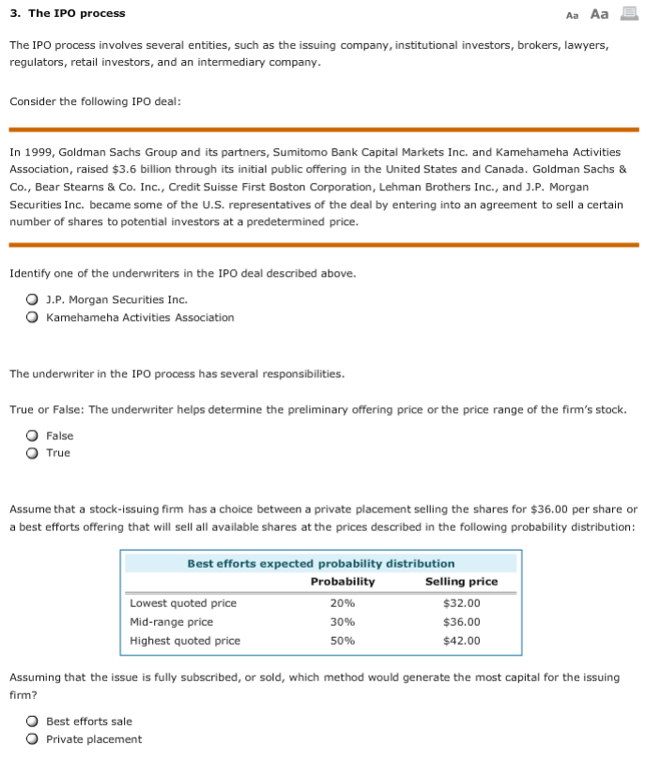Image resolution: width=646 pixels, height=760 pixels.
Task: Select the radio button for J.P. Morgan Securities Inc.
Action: (32, 300)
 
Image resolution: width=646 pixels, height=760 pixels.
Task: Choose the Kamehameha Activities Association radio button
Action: (32, 318)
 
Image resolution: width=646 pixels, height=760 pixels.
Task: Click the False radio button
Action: (32, 436)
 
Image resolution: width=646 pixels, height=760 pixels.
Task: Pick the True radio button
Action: (32, 453)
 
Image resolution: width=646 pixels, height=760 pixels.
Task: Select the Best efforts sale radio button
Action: (32, 722)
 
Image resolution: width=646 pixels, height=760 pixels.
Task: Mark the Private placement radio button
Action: (32, 739)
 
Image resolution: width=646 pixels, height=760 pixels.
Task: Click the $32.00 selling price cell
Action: (461, 603)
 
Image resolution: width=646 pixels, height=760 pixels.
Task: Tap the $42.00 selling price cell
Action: (461, 641)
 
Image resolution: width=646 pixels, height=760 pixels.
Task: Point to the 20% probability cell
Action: (343, 603)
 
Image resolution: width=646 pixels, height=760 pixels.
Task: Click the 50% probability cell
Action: (343, 641)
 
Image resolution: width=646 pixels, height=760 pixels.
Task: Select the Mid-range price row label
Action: (171, 622)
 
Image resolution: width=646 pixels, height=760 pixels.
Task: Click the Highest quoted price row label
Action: (185, 641)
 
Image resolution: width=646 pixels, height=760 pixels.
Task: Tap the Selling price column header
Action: (461, 582)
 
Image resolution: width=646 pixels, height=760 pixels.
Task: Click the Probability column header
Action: (343, 582)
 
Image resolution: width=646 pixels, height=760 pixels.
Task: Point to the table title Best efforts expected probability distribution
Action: (320, 564)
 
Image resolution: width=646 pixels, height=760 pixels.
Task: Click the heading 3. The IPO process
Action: (67, 13)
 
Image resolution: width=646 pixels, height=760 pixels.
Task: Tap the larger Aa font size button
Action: (598, 13)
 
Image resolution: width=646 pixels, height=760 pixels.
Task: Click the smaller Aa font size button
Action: (573, 14)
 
